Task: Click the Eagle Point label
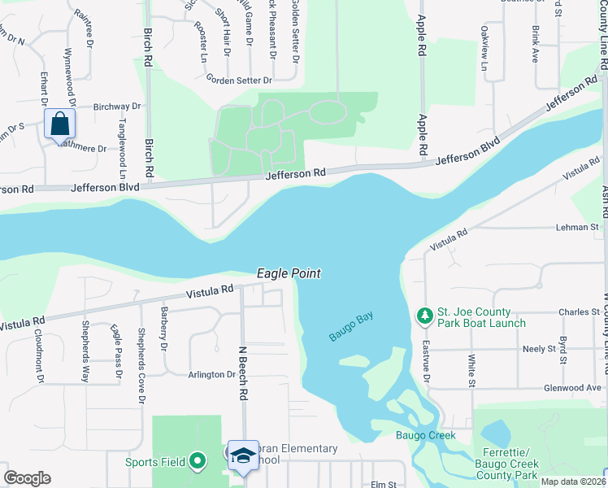(x=289, y=274)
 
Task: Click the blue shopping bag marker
(x=59, y=124)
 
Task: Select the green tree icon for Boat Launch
(x=423, y=315)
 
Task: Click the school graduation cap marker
(x=242, y=456)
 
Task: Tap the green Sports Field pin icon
(x=197, y=462)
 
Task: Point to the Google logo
(x=27, y=478)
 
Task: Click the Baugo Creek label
(x=425, y=435)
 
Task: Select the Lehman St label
(x=577, y=228)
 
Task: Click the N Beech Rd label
(x=242, y=373)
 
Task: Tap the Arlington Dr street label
(x=212, y=374)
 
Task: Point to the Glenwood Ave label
(x=573, y=388)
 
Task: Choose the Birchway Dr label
(x=117, y=107)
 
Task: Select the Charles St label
(x=578, y=312)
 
